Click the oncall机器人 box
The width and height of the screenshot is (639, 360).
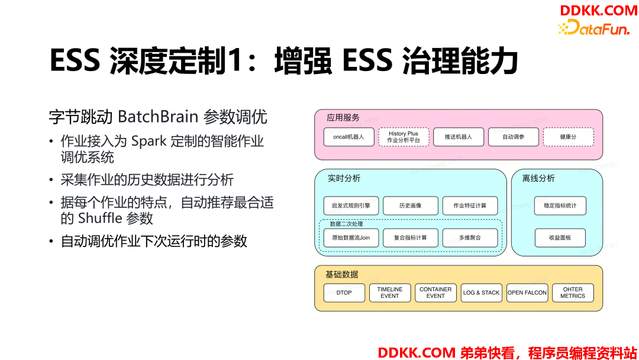tap(349, 137)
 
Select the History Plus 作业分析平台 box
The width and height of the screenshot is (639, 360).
tap(404, 137)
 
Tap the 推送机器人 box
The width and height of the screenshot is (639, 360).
tap(459, 137)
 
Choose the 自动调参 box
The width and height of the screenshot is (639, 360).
tap(514, 137)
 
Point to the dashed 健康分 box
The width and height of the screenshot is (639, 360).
tap(569, 137)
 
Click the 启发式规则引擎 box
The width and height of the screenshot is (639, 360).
tap(351, 205)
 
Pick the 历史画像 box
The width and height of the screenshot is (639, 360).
tap(411, 205)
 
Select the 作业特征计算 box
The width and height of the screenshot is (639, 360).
tap(470, 205)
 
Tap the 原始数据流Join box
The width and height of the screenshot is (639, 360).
tap(351, 237)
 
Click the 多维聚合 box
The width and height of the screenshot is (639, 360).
tap(470, 237)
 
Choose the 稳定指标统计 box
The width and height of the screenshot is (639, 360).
tap(560, 205)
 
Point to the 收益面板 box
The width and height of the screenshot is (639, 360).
tap(560, 237)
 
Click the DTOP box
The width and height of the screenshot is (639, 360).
tap(344, 292)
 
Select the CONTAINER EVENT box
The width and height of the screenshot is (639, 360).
tap(435, 292)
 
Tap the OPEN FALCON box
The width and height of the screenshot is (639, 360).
tap(527, 292)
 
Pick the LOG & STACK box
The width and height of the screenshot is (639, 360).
tap(481, 292)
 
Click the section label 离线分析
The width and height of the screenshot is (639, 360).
tap(538, 178)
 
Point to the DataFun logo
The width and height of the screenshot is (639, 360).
tap(594, 27)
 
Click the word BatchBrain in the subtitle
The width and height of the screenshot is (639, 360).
tap(158, 117)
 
